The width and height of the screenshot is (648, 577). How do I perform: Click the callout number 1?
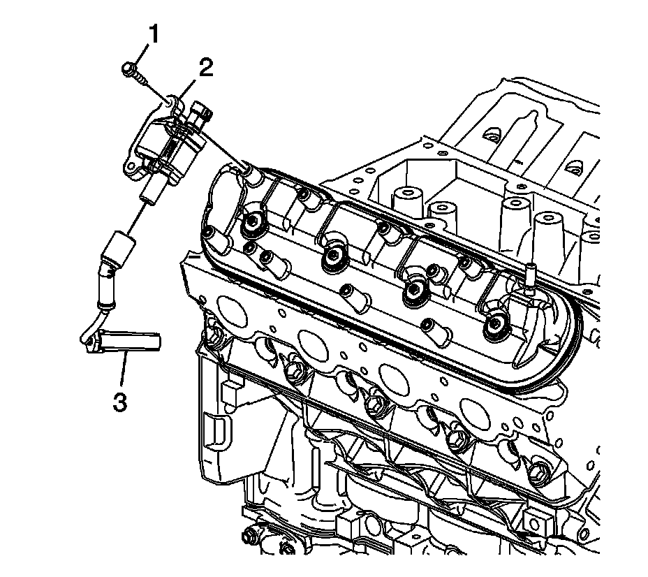coord(154,34)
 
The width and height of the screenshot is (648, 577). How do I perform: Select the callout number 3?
coord(120,402)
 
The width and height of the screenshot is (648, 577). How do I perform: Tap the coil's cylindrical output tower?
coord(150,191)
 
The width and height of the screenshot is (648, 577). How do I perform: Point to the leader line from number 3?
coord(123,370)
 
